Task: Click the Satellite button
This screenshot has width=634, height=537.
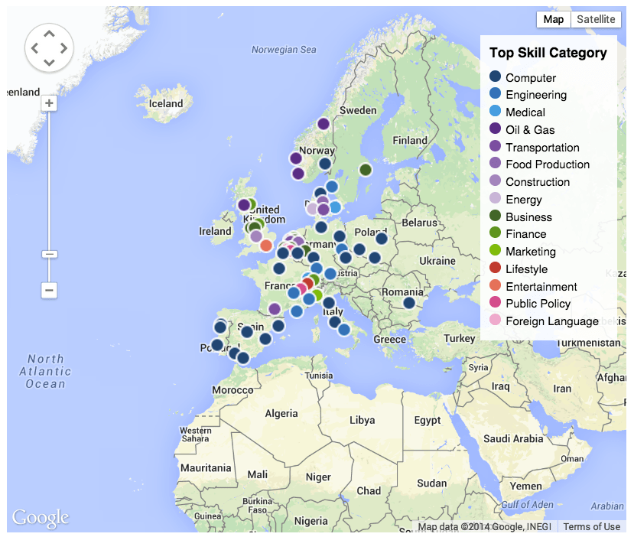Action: tap(596, 19)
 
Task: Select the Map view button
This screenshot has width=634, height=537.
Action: tap(553, 19)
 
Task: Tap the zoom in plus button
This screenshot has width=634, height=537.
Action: tap(50, 103)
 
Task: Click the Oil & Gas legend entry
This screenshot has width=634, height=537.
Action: tap(530, 129)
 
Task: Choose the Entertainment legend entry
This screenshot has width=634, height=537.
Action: tap(541, 286)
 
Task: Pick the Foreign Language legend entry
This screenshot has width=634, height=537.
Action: tap(551, 321)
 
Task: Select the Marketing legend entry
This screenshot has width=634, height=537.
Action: tap(530, 252)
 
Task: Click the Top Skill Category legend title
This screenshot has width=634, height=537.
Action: tap(548, 53)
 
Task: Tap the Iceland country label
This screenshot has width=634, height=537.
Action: tap(166, 103)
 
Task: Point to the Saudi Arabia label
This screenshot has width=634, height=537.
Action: tap(512, 439)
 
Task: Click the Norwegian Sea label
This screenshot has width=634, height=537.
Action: tap(284, 50)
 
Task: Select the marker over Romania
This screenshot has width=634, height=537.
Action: tap(409, 303)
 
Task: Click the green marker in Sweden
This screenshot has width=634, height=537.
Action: tap(366, 170)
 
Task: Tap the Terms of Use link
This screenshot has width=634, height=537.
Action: tap(591, 526)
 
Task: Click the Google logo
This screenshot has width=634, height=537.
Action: tap(41, 517)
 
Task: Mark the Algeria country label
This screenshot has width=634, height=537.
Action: tap(281, 414)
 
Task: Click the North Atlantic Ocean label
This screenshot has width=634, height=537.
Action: tap(45, 371)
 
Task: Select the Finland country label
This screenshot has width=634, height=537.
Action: tap(409, 141)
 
